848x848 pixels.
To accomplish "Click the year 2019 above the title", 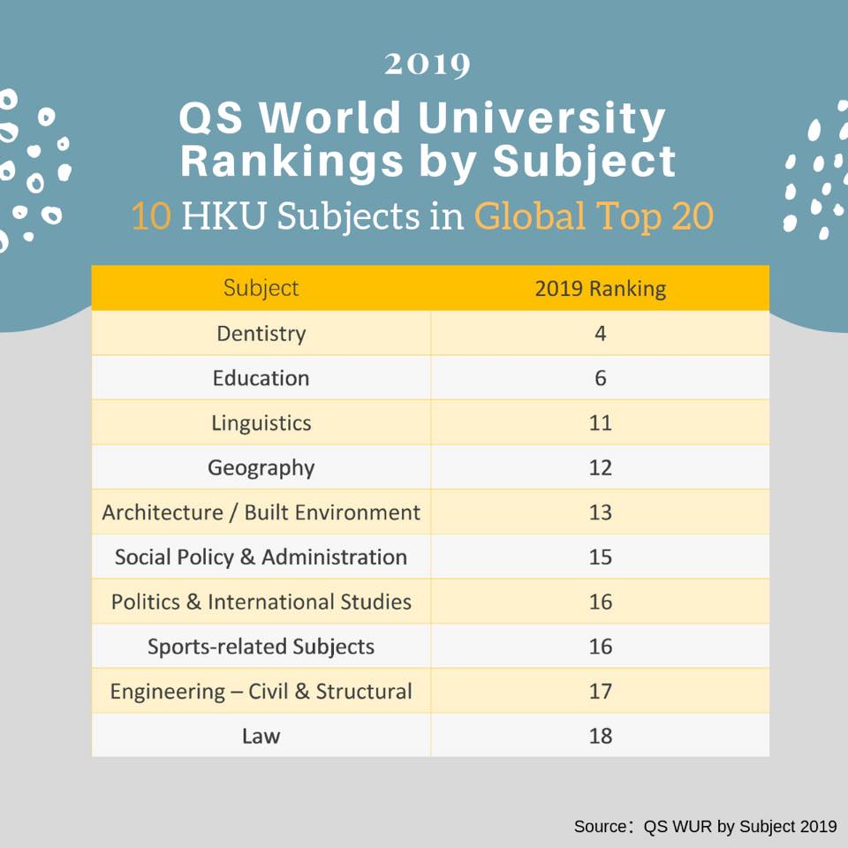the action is pos(428,64).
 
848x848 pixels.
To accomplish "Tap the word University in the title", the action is pos(541,117).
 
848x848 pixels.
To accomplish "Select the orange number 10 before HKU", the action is pos(151,216).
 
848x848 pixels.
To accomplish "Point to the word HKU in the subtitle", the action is pos(223,216).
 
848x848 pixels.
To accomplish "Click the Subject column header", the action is pos(261,288).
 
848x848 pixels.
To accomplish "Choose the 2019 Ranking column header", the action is pos(601,289).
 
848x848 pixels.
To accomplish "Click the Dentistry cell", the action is pos(261,334).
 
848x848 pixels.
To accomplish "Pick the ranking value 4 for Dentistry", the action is pos(601,333).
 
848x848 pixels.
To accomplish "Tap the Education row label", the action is pos(261,378).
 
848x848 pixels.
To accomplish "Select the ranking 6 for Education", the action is pos(601,378).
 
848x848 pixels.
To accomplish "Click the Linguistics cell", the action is pos(261,423).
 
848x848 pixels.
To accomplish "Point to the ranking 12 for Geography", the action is pos(601,467).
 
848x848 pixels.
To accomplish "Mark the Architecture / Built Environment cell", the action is pos(261,512).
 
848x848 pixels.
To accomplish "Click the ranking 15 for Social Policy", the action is pos(601,557).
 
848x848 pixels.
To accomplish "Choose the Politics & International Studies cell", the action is pos(261,602).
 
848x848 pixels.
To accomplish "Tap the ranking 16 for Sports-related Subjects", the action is pos(601,647).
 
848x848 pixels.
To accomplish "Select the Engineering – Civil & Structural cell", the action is pos(261,691).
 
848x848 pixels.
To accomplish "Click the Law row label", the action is pos(261,736).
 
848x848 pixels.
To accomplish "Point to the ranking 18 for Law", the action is pos(601,736).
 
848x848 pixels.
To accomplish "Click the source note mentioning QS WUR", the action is pos(705,827).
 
